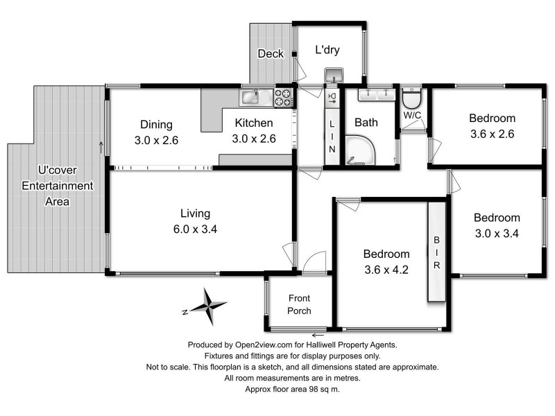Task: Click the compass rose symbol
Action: pos(207,306)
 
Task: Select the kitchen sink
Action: pos(250,96)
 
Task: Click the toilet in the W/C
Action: pos(412,95)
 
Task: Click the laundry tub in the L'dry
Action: pos(334,74)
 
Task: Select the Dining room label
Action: pos(156,125)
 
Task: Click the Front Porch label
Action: pos(300,304)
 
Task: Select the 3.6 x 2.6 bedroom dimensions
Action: pos(491,134)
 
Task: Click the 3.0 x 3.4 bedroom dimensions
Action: pos(497,233)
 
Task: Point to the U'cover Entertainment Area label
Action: pos(57,186)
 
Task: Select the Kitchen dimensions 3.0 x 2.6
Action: pos(254,139)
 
